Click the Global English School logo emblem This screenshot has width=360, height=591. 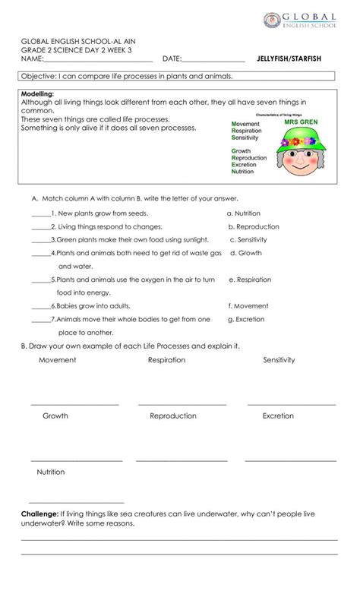(272, 21)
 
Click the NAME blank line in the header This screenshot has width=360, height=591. (99, 62)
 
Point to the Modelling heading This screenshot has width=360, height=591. (37, 93)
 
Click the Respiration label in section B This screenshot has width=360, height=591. (166, 360)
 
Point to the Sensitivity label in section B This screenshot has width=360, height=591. (279, 360)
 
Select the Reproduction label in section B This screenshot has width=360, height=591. (173, 416)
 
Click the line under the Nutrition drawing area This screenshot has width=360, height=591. (65, 503)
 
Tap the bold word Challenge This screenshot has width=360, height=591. (39, 514)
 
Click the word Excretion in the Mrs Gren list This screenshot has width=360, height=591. (249, 165)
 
